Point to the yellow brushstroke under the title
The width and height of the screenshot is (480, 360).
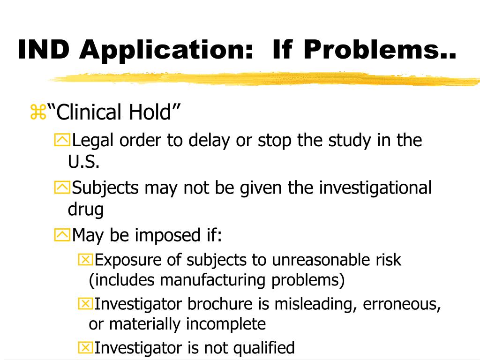262,79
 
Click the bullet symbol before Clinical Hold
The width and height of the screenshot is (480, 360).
37,113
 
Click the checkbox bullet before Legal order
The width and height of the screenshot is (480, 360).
62,140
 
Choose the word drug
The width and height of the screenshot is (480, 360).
85,210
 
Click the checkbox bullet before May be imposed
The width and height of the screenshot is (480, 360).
62,235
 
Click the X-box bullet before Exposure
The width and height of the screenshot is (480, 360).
85,260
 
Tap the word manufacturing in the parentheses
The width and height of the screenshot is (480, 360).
214,280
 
